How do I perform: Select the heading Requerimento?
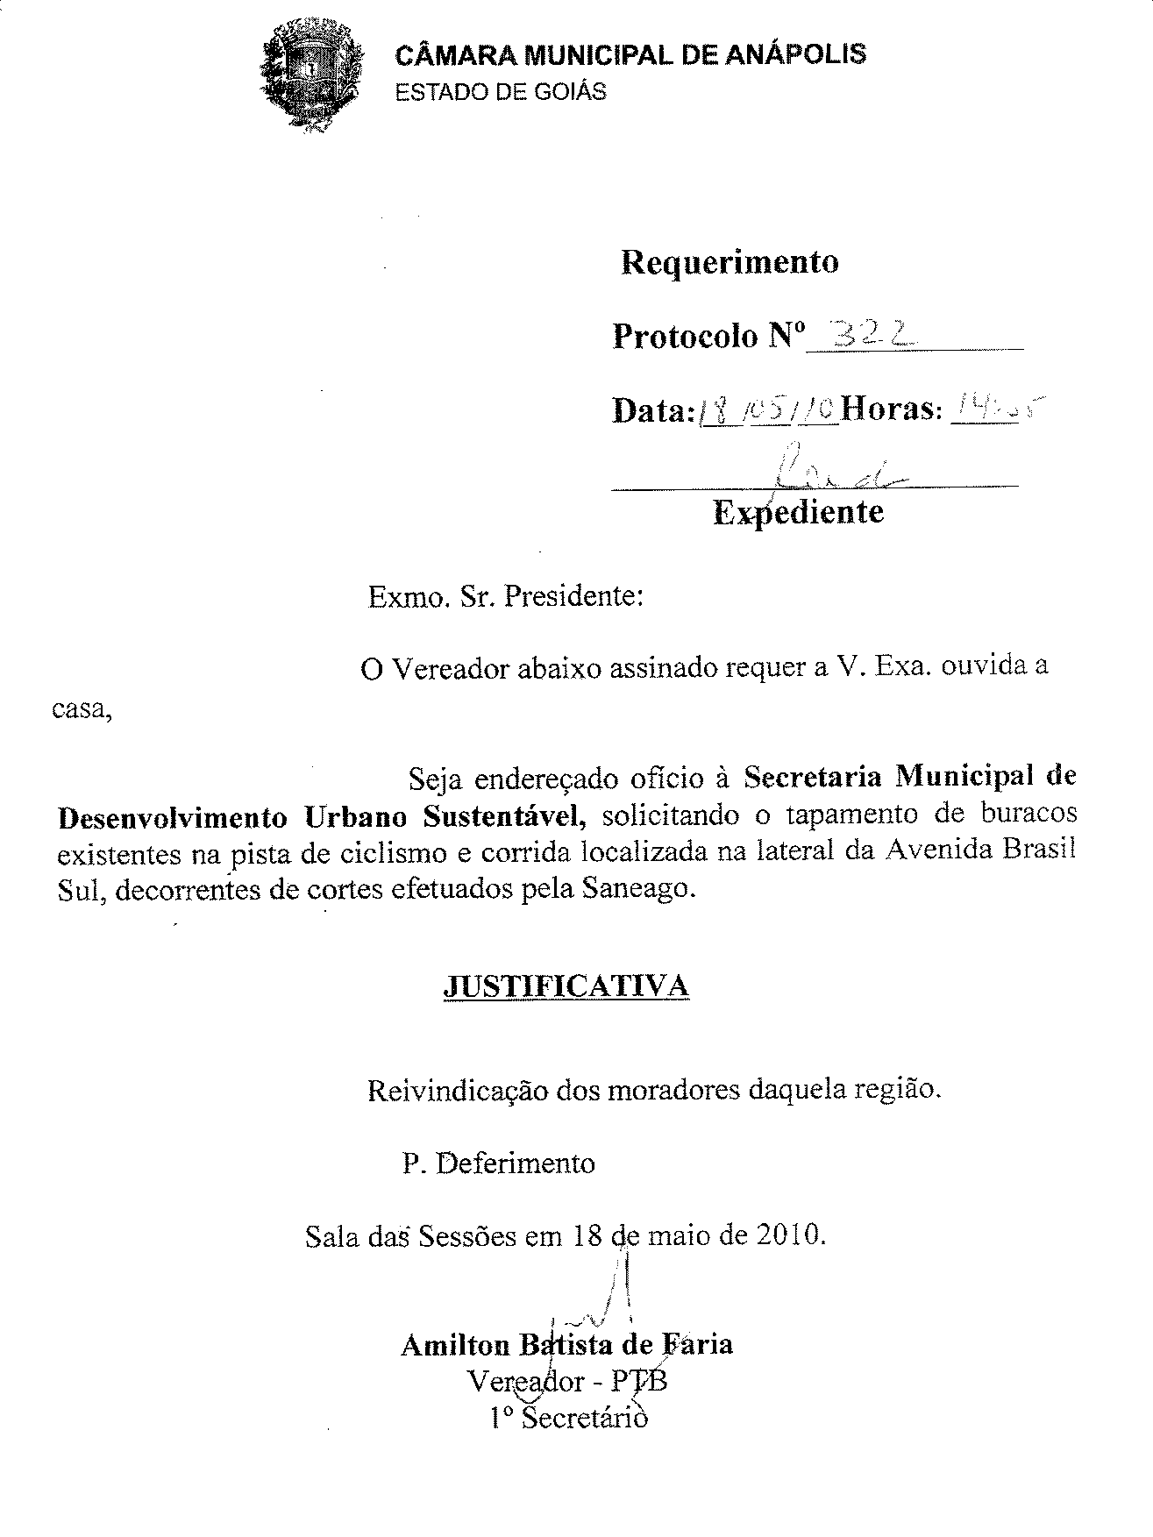[x=729, y=262]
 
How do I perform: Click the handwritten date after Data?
[x=768, y=408]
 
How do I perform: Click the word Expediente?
[x=798, y=511]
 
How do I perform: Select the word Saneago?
[x=637, y=890]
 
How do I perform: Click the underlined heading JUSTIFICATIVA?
[x=566, y=986]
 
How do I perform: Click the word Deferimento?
[x=516, y=1163]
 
